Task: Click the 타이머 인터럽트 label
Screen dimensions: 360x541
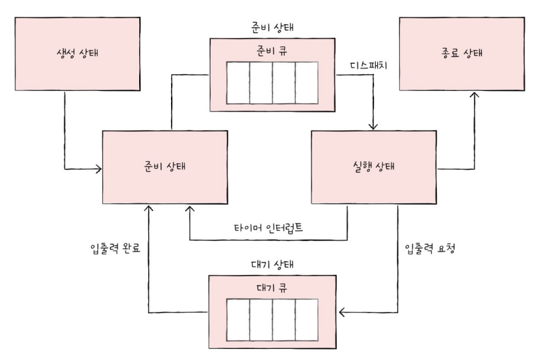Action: click(268, 228)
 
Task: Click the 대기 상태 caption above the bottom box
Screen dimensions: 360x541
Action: click(271, 266)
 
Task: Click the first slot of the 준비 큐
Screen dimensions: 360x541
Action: click(237, 84)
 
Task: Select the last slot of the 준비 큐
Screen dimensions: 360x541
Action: click(306, 84)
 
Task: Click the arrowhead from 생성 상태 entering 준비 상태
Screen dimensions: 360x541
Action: click(98, 170)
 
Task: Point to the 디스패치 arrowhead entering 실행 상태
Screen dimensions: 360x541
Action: click(374, 126)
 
